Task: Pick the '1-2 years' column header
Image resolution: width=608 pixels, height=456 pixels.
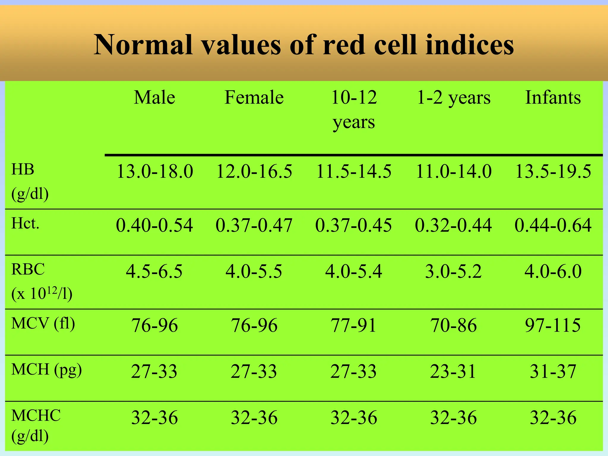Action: coord(454,98)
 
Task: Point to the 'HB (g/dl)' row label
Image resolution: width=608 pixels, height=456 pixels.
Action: coord(30,182)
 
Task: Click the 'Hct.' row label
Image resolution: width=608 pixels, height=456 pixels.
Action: coord(25,223)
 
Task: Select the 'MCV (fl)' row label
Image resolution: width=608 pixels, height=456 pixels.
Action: coord(43,324)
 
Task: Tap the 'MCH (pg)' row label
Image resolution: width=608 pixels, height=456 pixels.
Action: coord(46,370)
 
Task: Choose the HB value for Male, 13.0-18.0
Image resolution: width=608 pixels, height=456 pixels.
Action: coord(155,172)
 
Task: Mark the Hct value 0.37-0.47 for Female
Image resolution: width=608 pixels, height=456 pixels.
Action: coord(254,225)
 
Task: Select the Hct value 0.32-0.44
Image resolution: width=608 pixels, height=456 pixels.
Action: coord(453,225)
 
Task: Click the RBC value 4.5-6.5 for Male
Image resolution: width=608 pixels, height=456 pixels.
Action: coord(154,271)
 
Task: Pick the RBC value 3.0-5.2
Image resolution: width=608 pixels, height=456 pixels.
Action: coord(453,271)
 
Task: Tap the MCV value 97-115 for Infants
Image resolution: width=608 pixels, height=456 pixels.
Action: coord(553,325)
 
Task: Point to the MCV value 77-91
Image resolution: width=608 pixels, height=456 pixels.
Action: coord(354,325)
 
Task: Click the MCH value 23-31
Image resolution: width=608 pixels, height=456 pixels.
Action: coord(453,371)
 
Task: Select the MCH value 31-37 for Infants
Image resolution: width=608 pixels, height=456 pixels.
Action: coord(553,371)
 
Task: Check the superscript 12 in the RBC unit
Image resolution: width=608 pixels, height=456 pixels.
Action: coord(52,291)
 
